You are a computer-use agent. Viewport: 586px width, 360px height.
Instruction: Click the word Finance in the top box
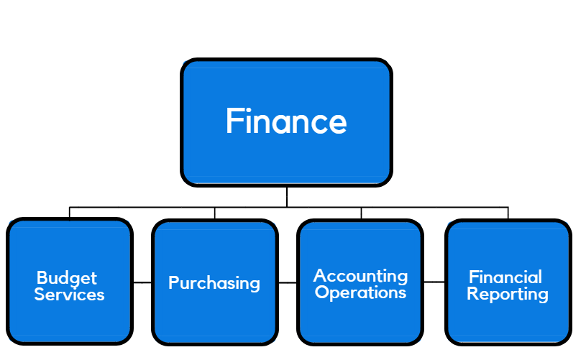(286, 121)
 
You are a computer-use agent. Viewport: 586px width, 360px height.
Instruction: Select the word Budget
(66, 278)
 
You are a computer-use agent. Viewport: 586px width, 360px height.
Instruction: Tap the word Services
(69, 295)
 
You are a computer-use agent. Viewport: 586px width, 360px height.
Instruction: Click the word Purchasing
(214, 283)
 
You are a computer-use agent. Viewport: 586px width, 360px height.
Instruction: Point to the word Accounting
(360, 276)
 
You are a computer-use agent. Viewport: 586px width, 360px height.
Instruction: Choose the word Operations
(360, 293)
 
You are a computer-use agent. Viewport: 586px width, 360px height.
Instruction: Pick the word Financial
(505, 277)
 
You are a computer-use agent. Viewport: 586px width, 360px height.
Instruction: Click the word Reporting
(508, 295)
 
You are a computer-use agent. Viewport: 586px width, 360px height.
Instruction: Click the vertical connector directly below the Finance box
(287, 197)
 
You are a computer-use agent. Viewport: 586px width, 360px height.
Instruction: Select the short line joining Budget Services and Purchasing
(142, 283)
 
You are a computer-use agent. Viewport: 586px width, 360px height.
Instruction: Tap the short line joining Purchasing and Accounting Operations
(288, 283)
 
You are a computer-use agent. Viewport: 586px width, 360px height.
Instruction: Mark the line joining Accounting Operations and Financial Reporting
(434, 282)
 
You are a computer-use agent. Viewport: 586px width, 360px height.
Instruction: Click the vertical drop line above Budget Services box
(70, 213)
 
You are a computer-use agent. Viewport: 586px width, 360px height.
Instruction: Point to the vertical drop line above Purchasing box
(214, 213)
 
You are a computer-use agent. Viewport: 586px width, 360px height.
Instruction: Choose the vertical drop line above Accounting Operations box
(361, 213)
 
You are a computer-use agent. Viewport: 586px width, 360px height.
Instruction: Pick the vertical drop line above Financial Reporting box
(508, 213)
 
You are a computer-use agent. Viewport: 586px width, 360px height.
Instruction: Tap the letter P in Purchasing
(173, 283)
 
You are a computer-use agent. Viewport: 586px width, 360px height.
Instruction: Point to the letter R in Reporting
(472, 294)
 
